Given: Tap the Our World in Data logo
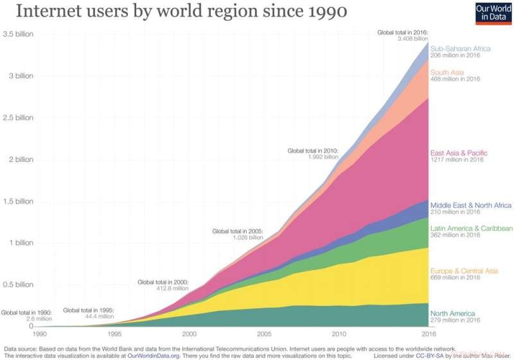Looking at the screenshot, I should point(492,13).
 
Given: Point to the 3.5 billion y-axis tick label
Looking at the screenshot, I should point(17,34).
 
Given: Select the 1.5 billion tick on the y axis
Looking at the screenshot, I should point(17,201).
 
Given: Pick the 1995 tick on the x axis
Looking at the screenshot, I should point(114,334).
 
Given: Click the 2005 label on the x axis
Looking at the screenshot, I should point(264,334).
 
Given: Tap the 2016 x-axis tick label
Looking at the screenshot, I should point(429,334).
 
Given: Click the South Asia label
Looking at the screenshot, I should point(447,73).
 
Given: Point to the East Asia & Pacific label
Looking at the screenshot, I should point(459,153).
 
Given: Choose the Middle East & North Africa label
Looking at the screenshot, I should point(471,205).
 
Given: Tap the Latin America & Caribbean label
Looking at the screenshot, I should point(472,228).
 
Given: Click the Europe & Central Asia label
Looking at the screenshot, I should point(464,271).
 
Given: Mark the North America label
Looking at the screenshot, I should point(452,313).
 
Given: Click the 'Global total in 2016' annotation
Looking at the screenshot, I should point(402,32).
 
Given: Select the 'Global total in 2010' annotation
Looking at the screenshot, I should point(313,151).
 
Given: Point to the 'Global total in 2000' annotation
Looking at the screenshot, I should point(163,282).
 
